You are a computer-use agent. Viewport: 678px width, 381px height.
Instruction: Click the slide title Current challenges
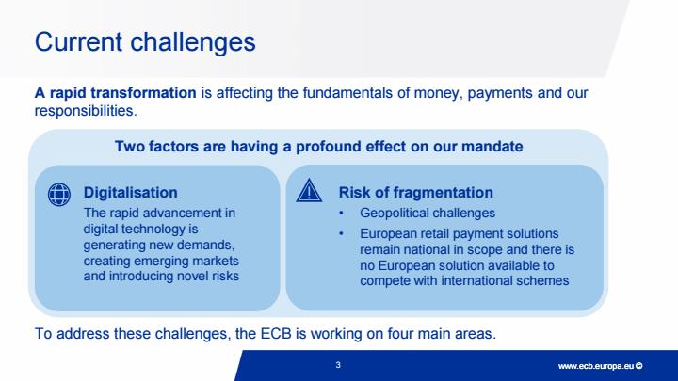click(x=145, y=42)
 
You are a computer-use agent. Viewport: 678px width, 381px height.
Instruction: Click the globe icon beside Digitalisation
click(x=59, y=194)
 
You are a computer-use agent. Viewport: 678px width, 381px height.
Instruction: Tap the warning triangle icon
click(x=309, y=190)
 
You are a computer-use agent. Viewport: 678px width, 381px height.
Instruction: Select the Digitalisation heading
click(x=130, y=193)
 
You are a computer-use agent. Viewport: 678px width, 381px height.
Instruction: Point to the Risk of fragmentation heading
click(x=415, y=193)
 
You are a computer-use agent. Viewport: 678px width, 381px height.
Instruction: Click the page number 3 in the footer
click(x=338, y=365)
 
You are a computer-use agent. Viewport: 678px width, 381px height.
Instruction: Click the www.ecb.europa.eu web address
click(x=596, y=366)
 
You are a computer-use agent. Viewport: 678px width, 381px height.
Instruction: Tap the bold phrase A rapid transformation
click(x=115, y=93)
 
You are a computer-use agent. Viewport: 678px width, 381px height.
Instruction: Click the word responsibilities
click(x=86, y=111)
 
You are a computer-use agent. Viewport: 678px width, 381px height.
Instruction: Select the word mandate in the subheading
click(x=492, y=147)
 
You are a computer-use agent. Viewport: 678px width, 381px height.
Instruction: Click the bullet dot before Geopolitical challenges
click(x=341, y=213)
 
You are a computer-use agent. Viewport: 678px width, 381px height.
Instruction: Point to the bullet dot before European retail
click(x=341, y=233)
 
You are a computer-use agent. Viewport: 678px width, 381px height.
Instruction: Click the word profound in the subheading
click(x=329, y=147)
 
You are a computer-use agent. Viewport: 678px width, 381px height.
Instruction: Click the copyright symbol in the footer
click(x=639, y=366)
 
